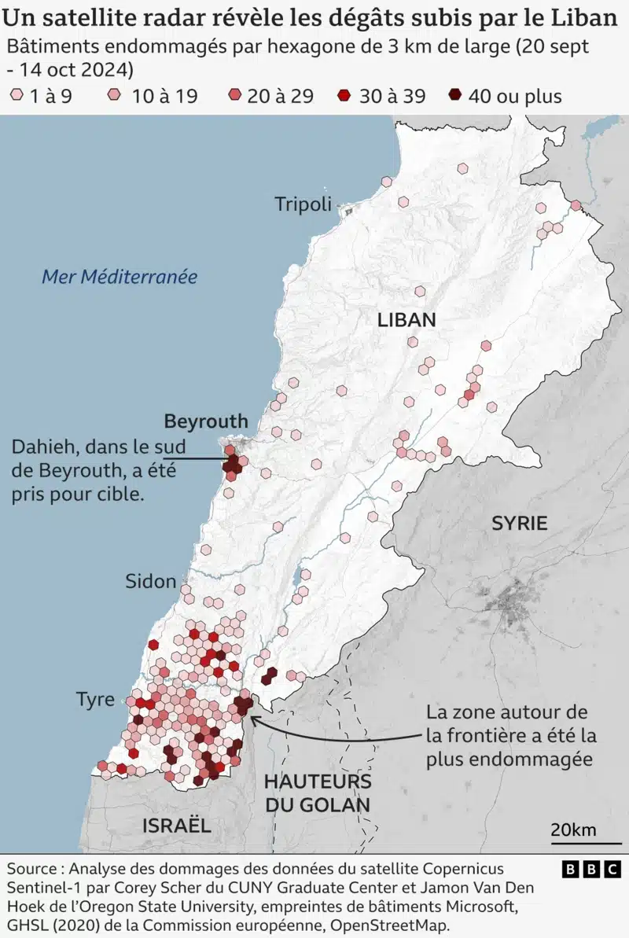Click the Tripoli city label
point(303,204)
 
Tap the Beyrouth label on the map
point(205,421)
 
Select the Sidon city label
point(150,582)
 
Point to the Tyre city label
point(95,700)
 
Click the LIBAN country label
point(406,319)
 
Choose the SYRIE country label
point(519,523)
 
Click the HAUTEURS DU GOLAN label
point(317,793)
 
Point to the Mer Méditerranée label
point(119,277)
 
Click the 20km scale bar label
point(573,830)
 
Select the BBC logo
point(591,870)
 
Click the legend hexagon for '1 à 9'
point(17,97)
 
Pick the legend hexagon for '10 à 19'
point(115,97)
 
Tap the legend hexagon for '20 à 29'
point(234,97)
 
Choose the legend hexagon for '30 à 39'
point(344,97)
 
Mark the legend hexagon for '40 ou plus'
point(454,97)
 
